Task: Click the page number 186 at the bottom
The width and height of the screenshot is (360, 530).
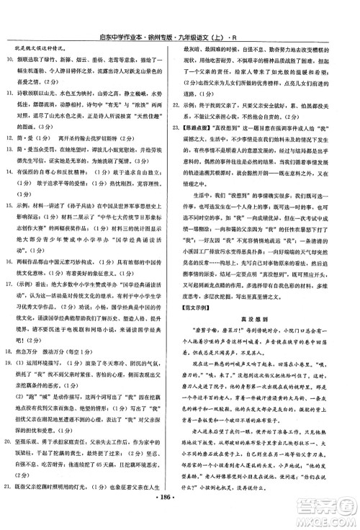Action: tap(180, 516)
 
